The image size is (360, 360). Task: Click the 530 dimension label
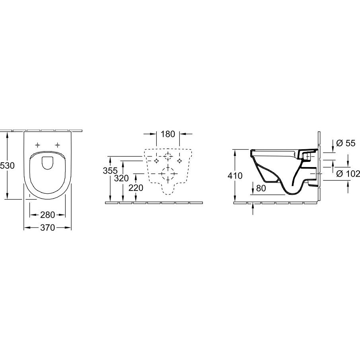(7, 165)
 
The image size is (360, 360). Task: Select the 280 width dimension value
(47, 215)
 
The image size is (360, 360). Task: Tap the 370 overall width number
(47, 228)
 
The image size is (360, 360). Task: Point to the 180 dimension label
(168, 134)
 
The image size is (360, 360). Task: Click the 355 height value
(110, 171)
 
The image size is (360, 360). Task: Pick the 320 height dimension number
(121, 178)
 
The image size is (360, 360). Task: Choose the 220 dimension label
(136, 188)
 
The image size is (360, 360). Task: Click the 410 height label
(235, 176)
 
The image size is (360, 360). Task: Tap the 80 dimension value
(261, 188)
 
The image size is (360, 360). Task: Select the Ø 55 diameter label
(346, 143)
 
